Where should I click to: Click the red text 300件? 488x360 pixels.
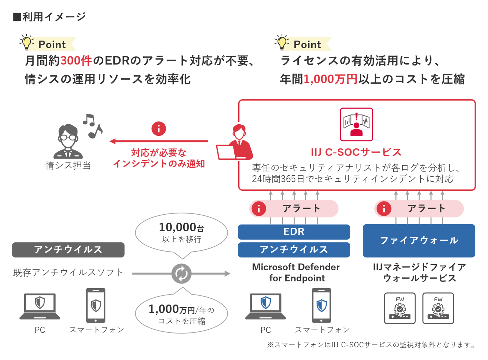[x=76, y=61]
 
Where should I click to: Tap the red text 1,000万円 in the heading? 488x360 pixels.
[x=331, y=79]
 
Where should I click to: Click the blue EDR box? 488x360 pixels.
[x=294, y=232]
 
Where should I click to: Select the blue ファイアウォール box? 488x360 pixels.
[x=419, y=241]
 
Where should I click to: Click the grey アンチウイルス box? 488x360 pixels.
[x=68, y=250]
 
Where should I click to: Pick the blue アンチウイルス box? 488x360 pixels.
[x=294, y=250]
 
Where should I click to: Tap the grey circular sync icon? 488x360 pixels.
[x=181, y=274]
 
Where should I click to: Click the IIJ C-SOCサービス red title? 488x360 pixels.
[x=356, y=152]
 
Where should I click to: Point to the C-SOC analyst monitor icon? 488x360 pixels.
[x=356, y=124]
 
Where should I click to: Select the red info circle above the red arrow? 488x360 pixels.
[x=159, y=129]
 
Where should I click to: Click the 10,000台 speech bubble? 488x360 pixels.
[x=181, y=233]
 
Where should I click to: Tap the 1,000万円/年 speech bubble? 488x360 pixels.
[x=181, y=314]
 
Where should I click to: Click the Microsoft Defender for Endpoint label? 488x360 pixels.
[x=296, y=273]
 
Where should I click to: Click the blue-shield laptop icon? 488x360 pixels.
[x=265, y=306]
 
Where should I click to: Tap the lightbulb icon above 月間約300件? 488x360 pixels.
[x=27, y=42]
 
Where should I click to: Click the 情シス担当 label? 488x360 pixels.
[x=68, y=166]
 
